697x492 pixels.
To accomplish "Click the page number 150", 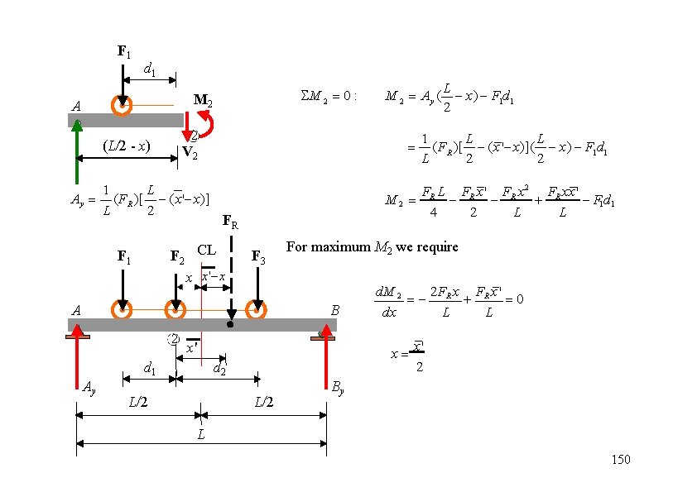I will (x=620, y=460).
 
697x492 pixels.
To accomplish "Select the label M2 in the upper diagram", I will (x=203, y=101).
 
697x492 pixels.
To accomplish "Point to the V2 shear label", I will (x=190, y=153).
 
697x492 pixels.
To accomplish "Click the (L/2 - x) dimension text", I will (x=126, y=146).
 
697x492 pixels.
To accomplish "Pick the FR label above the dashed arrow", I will (x=230, y=222).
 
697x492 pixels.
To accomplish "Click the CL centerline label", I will (x=206, y=250).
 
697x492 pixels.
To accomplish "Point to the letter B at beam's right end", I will (x=335, y=311).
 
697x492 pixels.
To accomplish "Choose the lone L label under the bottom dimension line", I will (x=201, y=434).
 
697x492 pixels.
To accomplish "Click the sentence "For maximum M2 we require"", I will (x=372, y=247).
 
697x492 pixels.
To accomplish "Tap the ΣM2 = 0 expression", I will (x=329, y=96).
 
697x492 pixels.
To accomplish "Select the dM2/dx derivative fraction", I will (x=387, y=303).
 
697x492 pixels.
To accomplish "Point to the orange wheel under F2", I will (x=175, y=311).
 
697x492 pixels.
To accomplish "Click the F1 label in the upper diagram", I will (x=123, y=52).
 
